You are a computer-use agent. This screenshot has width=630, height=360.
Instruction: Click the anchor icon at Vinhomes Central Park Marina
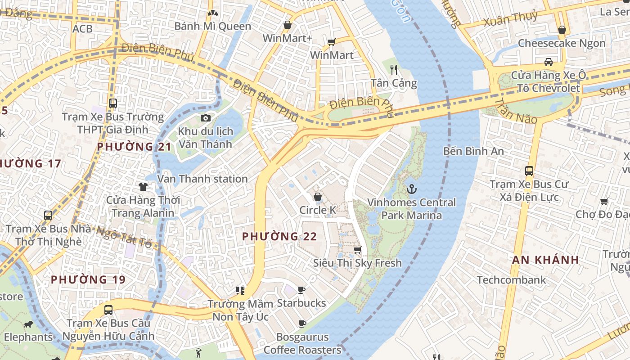click(x=411, y=189)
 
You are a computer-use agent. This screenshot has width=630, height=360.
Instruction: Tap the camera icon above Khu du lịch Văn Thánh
click(x=206, y=118)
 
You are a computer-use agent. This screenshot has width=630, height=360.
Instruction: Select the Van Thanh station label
click(x=202, y=179)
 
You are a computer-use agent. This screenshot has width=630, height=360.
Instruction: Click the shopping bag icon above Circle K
click(x=318, y=197)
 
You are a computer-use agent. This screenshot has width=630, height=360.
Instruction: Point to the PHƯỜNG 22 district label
click(x=279, y=236)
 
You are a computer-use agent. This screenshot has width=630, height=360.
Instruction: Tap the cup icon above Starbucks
click(x=301, y=290)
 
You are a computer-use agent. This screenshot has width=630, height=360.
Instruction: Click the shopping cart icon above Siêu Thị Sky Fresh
click(x=357, y=250)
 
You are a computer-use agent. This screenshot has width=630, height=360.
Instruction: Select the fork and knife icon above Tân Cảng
click(x=394, y=69)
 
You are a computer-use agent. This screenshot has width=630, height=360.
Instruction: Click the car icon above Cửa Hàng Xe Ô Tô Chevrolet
click(x=548, y=62)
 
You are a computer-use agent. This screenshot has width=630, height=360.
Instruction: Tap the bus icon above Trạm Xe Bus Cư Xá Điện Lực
click(x=529, y=171)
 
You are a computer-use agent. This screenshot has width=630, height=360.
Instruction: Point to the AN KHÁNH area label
click(x=545, y=260)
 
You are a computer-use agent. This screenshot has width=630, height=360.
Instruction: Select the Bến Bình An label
click(x=473, y=151)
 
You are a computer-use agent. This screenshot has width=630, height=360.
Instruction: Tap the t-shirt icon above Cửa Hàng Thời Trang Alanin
click(x=143, y=186)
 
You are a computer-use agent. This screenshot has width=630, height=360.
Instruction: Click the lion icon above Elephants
click(x=28, y=324)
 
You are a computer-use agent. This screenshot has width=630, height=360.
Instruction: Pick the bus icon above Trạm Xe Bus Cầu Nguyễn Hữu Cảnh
click(x=108, y=310)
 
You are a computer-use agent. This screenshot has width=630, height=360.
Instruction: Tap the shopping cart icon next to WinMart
click(x=332, y=42)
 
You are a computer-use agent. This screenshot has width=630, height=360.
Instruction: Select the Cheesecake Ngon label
click(x=562, y=43)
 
